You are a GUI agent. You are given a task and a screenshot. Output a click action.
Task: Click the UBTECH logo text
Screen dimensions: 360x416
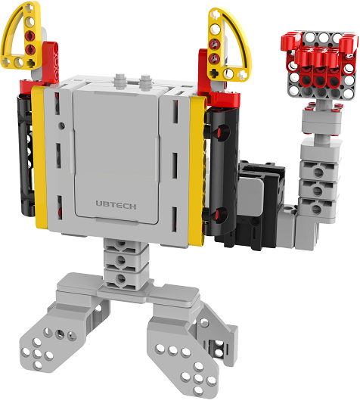coord(116,205)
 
